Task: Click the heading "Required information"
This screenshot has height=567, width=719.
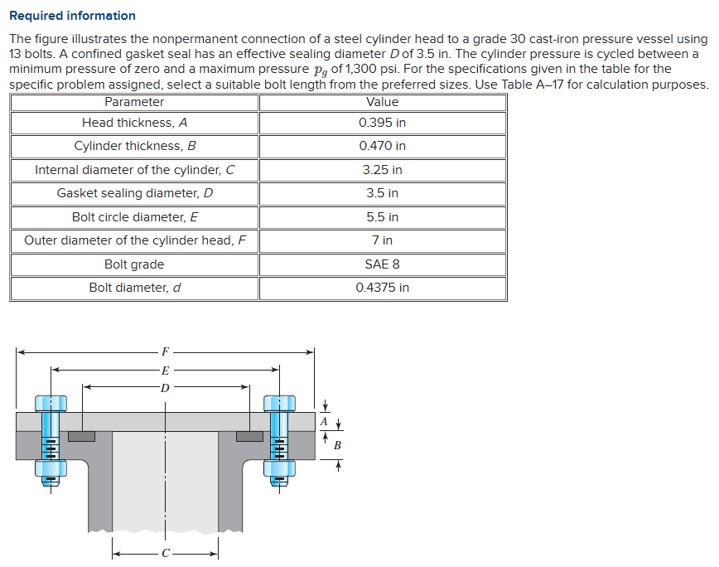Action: tap(72, 16)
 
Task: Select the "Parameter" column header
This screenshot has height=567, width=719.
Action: tap(134, 102)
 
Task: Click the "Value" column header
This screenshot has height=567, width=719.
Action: tap(382, 102)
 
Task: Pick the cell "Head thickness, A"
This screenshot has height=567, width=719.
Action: tap(134, 123)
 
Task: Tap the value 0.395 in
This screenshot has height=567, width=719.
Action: tap(382, 123)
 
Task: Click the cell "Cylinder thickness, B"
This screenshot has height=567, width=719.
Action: tap(134, 146)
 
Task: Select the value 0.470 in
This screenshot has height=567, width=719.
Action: tap(382, 146)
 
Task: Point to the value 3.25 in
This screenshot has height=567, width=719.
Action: tap(382, 170)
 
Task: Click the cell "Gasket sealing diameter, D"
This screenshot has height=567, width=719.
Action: tap(134, 193)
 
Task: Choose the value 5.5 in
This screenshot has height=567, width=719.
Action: tap(382, 217)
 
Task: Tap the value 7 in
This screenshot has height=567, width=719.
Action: tap(382, 240)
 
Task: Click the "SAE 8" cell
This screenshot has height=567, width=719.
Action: tap(382, 264)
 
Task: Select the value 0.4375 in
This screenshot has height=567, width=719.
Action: tap(382, 288)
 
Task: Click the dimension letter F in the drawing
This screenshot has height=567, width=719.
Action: tap(166, 351)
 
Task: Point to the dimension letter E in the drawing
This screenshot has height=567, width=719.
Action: tap(166, 370)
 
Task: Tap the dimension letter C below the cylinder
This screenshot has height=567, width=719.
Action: tap(166, 553)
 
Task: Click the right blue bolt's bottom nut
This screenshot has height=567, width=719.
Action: tap(279, 469)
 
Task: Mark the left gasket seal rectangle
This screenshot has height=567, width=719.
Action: tap(81, 436)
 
